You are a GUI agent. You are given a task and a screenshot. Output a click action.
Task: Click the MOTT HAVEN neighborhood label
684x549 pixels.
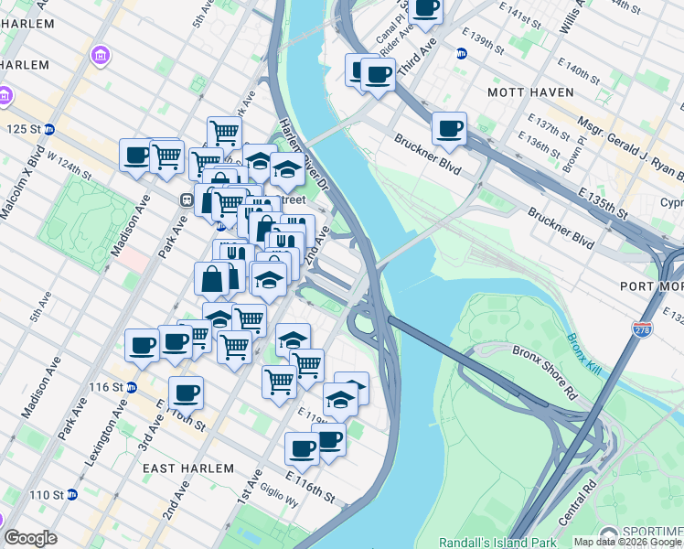pyautogui.click(x=530, y=92)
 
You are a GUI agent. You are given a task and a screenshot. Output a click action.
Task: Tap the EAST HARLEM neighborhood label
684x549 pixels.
pyautogui.click(x=188, y=468)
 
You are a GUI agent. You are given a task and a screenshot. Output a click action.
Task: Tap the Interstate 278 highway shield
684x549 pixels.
pyautogui.click(x=643, y=327)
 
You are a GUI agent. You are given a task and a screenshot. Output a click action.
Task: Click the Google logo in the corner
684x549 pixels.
pyautogui.click(x=30, y=538)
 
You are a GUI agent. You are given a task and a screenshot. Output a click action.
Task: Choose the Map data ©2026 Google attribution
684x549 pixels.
pyautogui.click(x=627, y=543)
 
